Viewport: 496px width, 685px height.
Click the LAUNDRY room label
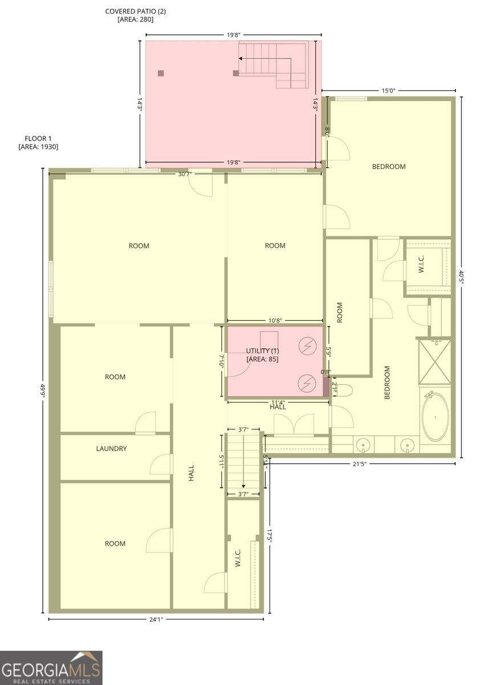pyautogui.click(x=111, y=449)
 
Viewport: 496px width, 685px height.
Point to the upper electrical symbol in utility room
pyautogui.click(x=308, y=345)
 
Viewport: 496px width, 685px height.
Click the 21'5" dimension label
pyautogui.click(x=359, y=464)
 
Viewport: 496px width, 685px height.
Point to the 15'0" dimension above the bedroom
pyautogui.click(x=388, y=90)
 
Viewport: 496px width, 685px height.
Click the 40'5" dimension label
pyautogui.click(x=461, y=277)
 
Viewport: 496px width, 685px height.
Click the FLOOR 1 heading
pyautogui.click(x=38, y=139)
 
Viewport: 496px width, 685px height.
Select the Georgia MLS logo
pyautogui.click(x=51, y=667)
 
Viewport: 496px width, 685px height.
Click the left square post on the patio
pyautogui.click(x=161, y=73)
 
